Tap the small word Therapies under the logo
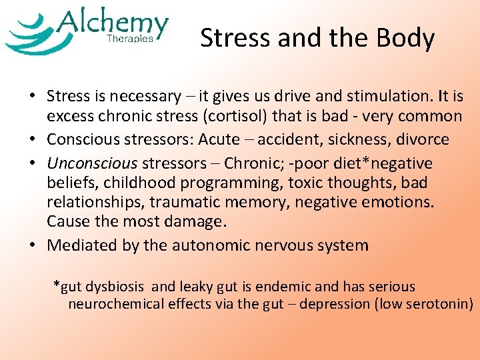click(x=130, y=39)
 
